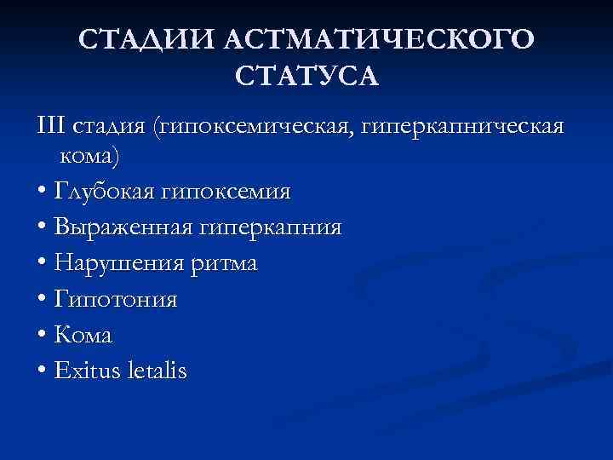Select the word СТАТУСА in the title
click(x=306, y=78)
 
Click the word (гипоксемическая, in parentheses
click(x=255, y=127)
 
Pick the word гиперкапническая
click(x=463, y=127)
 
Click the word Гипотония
click(x=115, y=301)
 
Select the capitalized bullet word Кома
click(x=83, y=336)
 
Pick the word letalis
click(x=155, y=371)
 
